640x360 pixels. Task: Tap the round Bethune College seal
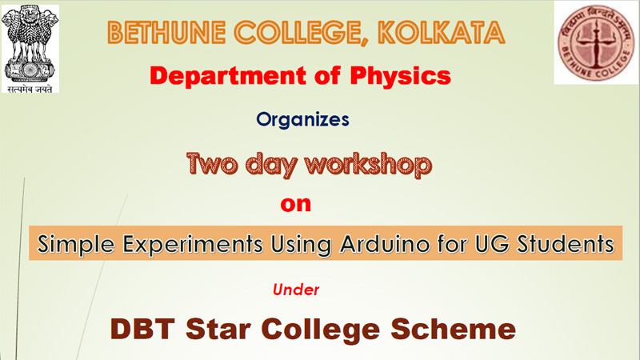click(596, 42)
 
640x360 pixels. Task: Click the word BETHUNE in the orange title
click(167, 33)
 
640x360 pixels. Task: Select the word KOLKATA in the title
click(442, 33)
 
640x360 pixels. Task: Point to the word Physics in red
click(401, 76)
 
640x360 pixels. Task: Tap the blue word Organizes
click(302, 120)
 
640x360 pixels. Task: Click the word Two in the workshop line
click(212, 164)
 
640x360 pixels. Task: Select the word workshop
click(368, 165)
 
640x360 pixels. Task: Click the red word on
click(295, 204)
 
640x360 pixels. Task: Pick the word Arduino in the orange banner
click(385, 244)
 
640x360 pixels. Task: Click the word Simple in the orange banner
click(76, 245)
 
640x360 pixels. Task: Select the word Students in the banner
click(566, 244)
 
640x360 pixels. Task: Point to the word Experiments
click(193, 245)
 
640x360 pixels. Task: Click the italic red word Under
click(296, 290)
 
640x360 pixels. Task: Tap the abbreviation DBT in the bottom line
click(142, 329)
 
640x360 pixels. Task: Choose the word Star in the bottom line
click(218, 329)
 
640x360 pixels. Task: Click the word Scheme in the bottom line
click(454, 329)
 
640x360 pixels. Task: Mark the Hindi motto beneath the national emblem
click(30, 89)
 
